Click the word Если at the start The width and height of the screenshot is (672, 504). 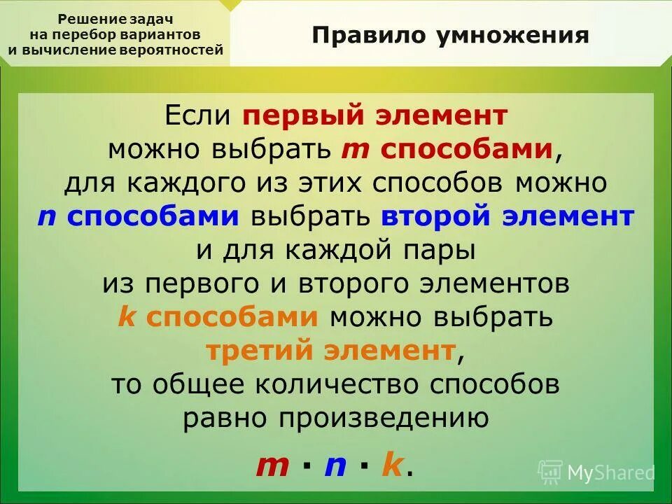[200, 116]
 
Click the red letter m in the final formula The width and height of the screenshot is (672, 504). [273, 465]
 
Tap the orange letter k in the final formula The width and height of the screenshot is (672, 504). [391, 465]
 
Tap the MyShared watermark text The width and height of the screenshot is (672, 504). [610, 472]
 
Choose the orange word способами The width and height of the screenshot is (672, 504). [232, 317]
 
